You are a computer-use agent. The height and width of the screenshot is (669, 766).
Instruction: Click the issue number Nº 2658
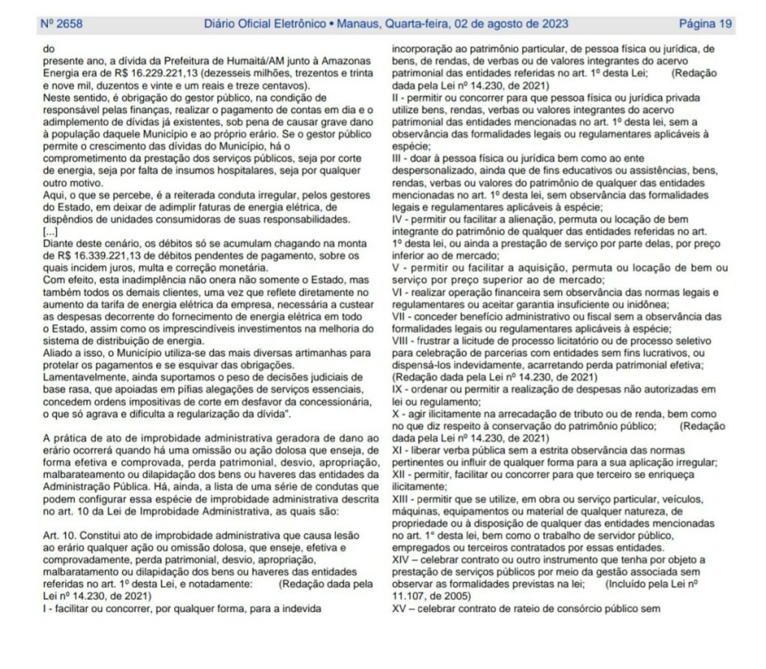61,23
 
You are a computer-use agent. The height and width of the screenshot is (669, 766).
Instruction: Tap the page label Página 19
705,23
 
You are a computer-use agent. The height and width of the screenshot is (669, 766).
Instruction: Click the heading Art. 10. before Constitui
61,536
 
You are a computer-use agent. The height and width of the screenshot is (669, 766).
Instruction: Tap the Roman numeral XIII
402,498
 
